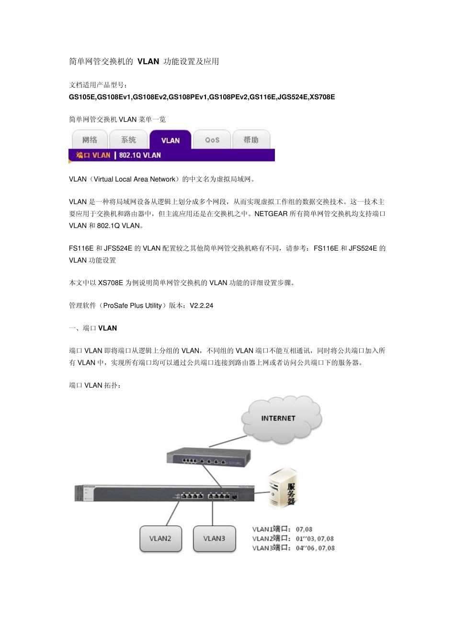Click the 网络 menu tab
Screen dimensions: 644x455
tap(90, 140)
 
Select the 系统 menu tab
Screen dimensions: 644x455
tap(128, 140)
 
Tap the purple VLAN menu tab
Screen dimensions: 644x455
tap(170, 140)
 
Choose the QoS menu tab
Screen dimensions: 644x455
tap(212, 140)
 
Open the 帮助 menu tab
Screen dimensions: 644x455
tap(251, 140)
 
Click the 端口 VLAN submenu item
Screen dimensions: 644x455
tap(93, 155)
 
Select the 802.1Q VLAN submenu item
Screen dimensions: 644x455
tap(140, 155)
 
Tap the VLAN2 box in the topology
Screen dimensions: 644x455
tap(160, 539)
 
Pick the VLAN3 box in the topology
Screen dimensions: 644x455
tap(214, 539)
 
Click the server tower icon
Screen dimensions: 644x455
tap(284, 487)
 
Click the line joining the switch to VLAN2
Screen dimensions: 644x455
tap(172, 513)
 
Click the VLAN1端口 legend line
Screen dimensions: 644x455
tap(282, 529)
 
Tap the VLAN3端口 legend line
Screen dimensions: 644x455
tap(293, 548)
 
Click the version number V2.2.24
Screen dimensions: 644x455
tap(202, 306)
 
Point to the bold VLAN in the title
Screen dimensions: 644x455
tap(148, 61)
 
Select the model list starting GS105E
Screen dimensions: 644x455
tap(202, 97)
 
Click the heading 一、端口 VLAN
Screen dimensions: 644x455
tap(93, 328)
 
